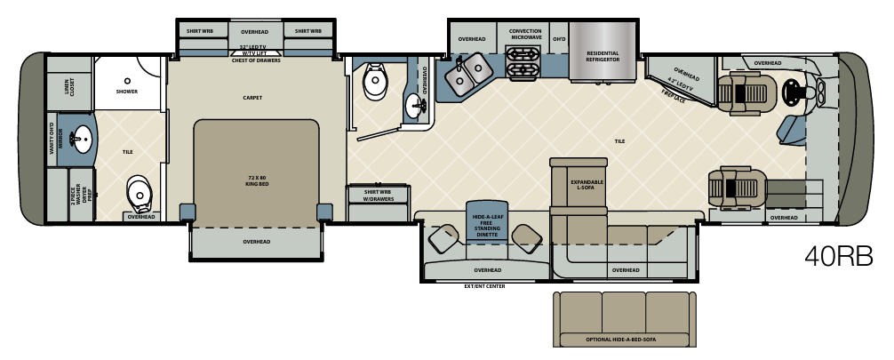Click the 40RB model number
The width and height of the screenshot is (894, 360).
(x=838, y=256)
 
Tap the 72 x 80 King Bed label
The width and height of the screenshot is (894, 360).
(x=256, y=180)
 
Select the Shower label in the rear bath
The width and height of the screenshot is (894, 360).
(x=127, y=91)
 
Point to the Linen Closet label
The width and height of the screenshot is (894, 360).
(x=68, y=86)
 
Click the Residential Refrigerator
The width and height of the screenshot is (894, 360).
(x=602, y=56)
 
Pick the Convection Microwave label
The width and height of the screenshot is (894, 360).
(x=525, y=34)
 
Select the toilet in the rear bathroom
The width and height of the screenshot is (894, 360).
(x=138, y=189)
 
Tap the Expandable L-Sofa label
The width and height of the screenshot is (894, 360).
(x=587, y=184)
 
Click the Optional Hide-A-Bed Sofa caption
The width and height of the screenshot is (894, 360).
(x=622, y=339)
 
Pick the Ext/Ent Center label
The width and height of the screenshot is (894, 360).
(x=484, y=286)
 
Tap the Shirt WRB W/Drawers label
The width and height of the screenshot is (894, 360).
(x=372, y=195)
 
